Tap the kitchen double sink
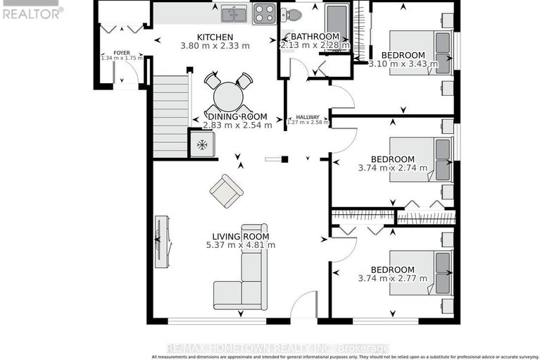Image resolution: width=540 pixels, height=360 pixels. [232, 13]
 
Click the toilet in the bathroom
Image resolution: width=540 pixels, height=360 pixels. [294, 13]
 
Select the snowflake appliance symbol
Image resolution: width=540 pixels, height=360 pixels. [202, 144]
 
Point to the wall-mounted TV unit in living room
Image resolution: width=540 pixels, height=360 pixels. [162, 240]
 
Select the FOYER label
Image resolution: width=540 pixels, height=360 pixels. [122, 52]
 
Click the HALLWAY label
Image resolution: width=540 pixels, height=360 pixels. [307, 117]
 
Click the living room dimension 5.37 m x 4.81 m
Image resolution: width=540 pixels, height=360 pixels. [240, 245]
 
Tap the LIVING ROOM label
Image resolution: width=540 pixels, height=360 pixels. [241, 236]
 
